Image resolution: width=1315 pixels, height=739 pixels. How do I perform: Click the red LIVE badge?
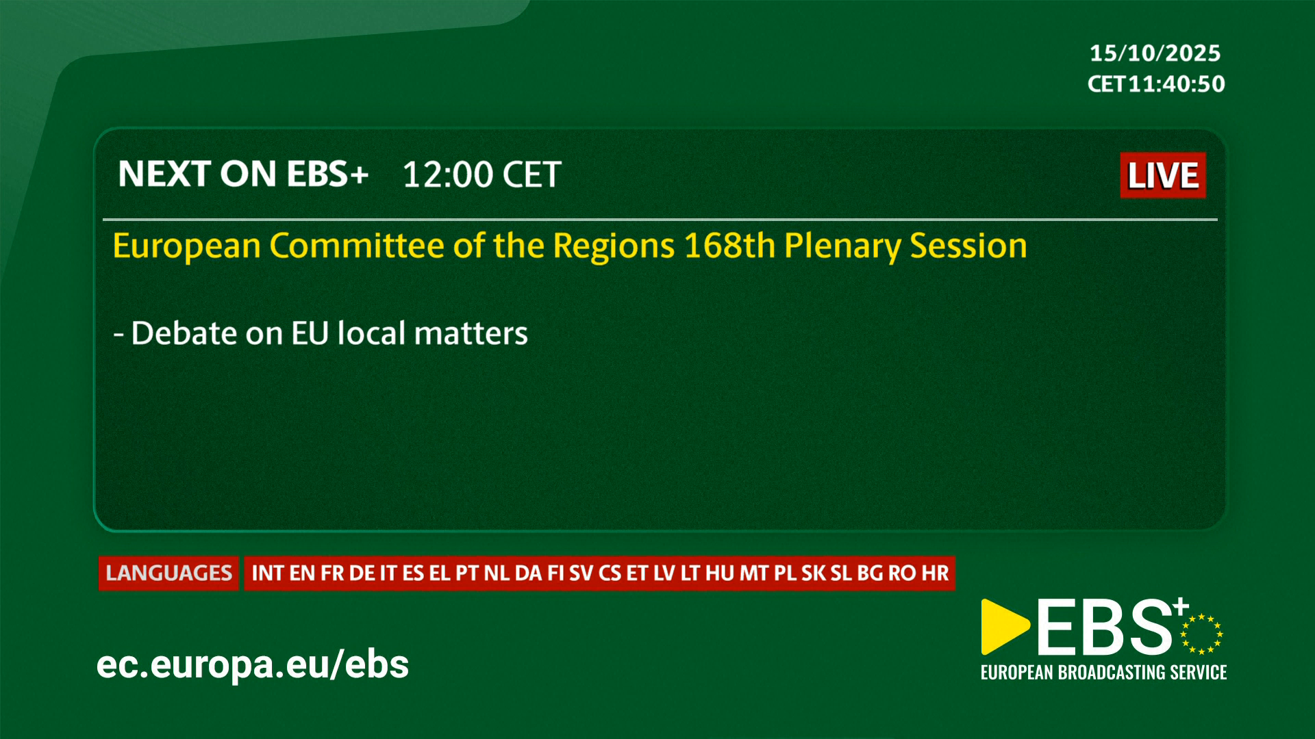click(1163, 175)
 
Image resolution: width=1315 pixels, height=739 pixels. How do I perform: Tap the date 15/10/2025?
click(1155, 53)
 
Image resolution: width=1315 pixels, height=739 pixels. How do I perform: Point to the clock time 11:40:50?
click(1177, 84)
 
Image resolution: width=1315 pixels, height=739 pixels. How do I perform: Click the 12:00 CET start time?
click(482, 175)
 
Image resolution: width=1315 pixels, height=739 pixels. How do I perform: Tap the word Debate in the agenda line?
click(184, 333)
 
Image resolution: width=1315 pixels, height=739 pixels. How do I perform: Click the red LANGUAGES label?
click(168, 573)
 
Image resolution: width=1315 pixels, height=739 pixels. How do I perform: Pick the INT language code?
click(268, 573)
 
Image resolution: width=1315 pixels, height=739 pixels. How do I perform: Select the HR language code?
click(935, 573)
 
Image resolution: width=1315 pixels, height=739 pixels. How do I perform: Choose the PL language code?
click(785, 573)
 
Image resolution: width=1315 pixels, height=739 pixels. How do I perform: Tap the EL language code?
click(440, 573)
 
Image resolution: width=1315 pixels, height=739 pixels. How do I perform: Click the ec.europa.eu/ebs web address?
click(253, 664)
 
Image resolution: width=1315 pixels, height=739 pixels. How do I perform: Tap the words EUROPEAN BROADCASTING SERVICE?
click(1103, 673)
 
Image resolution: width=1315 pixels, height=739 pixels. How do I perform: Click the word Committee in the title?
click(357, 246)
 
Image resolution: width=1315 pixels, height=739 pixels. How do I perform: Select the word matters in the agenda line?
click(471, 334)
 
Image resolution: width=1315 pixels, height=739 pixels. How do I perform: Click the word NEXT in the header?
click(164, 174)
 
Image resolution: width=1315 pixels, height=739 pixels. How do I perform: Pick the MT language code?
click(754, 573)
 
